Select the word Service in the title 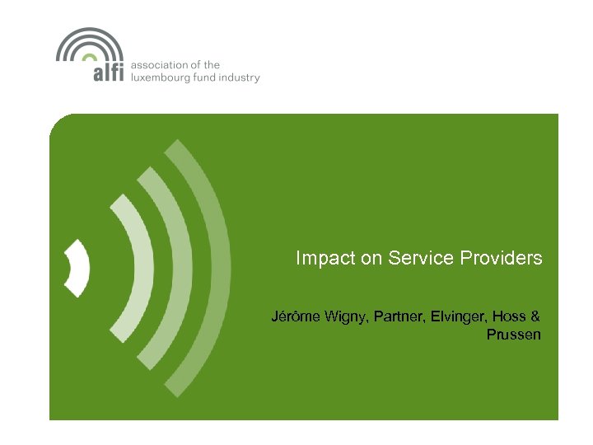(409, 258)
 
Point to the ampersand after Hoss (535, 316)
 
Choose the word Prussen (514, 335)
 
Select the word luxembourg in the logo (164, 78)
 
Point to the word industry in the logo (243, 78)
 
